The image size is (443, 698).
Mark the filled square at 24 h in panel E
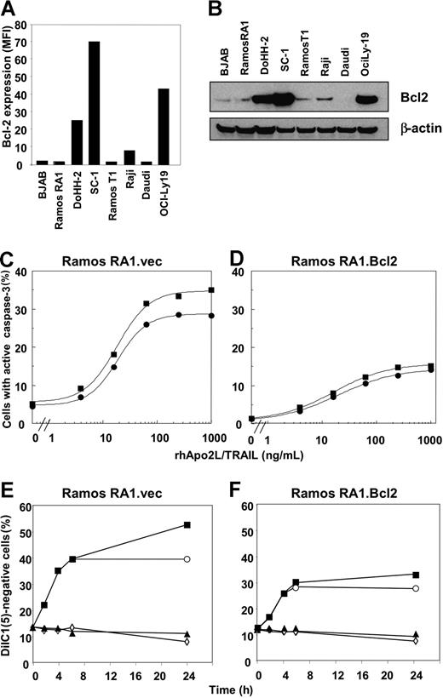(187, 525)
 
